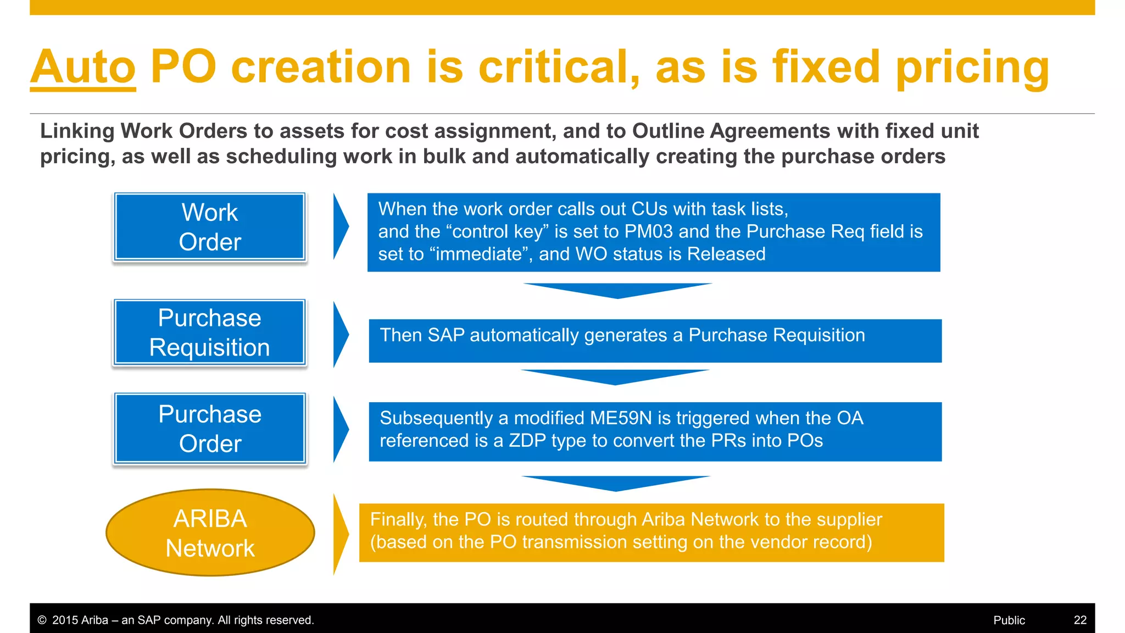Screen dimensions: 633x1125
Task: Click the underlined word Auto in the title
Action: point(83,67)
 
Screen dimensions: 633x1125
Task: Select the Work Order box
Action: point(210,227)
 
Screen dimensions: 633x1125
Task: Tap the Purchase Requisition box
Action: point(210,332)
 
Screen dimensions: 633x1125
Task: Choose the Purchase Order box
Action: point(210,429)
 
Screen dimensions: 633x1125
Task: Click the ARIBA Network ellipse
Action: point(210,533)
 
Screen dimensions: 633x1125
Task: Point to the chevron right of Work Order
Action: point(340,226)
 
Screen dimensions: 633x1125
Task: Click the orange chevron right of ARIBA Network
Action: point(340,534)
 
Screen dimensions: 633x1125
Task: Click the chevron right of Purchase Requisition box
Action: point(340,334)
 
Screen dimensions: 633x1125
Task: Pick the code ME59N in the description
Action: point(620,418)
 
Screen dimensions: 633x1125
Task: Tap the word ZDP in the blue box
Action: point(526,441)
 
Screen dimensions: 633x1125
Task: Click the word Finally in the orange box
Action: point(398,520)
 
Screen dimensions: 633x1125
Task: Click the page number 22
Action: point(1080,620)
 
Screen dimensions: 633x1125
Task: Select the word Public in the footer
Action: point(1009,620)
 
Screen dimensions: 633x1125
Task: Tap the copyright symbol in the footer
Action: point(42,620)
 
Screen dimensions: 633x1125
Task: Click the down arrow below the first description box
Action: point(617,290)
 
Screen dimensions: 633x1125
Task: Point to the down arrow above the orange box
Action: point(616,483)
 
